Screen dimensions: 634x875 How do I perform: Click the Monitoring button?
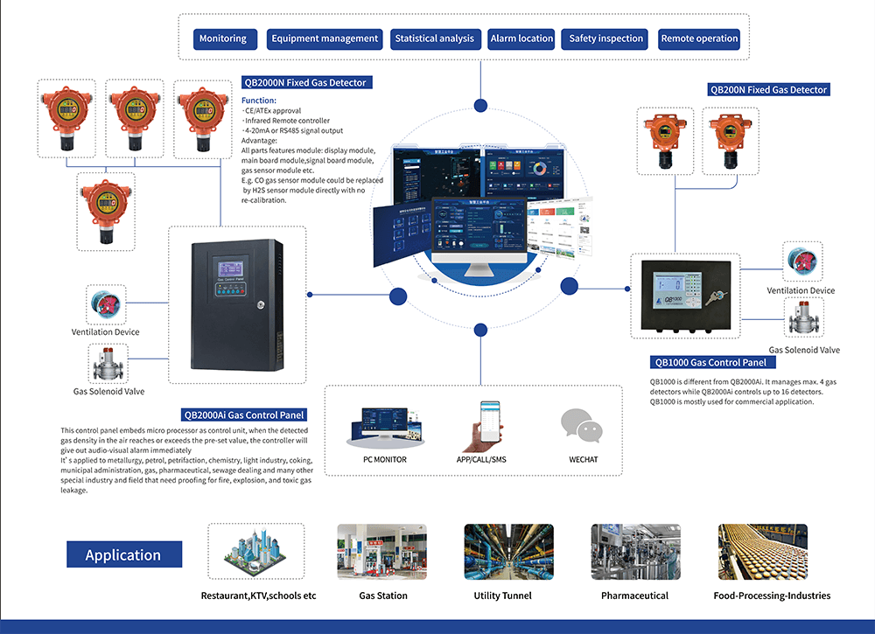(x=223, y=38)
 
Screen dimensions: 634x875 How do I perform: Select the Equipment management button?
(x=325, y=38)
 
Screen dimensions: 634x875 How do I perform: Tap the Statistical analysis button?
(x=434, y=38)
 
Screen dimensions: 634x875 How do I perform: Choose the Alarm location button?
(x=521, y=38)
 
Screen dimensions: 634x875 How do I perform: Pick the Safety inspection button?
(x=606, y=38)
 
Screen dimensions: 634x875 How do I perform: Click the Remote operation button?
(x=699, y=38)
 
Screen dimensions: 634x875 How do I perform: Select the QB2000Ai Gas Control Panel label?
(x=243, y=415)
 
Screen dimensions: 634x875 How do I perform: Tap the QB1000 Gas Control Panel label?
(x=710, y=363)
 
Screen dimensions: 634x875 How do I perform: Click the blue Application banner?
(x=123, y=555)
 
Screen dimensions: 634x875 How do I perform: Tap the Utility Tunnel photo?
(x=508, y=552)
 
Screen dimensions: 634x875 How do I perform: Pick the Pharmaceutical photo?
(x=634, y=552)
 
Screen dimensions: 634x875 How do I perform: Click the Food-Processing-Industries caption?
(x=772, y=596)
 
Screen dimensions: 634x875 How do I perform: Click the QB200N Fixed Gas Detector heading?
(x=767, y=90)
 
